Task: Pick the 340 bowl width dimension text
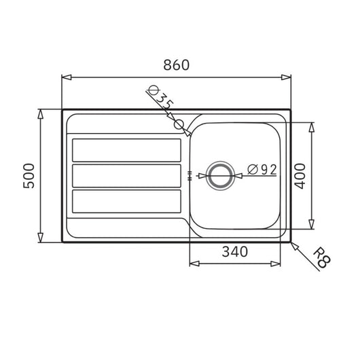234,251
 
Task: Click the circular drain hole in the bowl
219,175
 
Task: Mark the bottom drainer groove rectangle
127,201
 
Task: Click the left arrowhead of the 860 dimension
65,77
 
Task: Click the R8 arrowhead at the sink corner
293,244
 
